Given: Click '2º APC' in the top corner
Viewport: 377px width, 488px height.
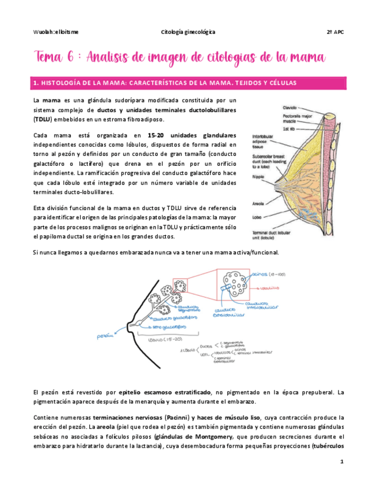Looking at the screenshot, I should (x=335, y=32).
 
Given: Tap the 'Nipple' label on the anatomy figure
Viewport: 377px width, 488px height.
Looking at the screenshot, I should (x=258, y=178).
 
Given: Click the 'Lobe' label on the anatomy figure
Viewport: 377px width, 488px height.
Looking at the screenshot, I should (x=257, y=217).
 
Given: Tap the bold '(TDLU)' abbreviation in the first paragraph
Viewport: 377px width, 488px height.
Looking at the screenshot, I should (x=42, y=119).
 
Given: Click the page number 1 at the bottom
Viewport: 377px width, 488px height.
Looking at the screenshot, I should (x=341, y=462).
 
